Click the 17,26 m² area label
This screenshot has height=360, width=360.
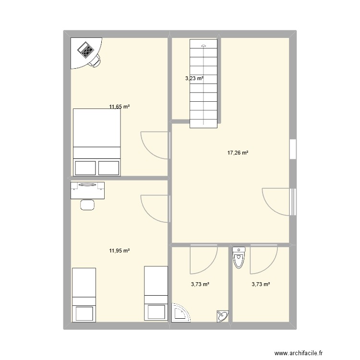(x=238, y=153)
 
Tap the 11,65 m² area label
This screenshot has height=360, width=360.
(x=120, y=107)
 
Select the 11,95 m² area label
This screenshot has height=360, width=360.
(x=120, y=251)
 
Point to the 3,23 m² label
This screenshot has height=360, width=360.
(x=194, y=79)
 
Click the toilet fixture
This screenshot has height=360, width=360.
(x=239, y=258)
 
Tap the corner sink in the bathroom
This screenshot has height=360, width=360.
(x=223, y=316)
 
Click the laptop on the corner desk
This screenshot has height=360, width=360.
(x=86, y=50)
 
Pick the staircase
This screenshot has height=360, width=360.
(x=205, y=84)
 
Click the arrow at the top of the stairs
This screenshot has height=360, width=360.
(x=204, y=46)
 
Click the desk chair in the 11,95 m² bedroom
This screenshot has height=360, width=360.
(x=87, y=204)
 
